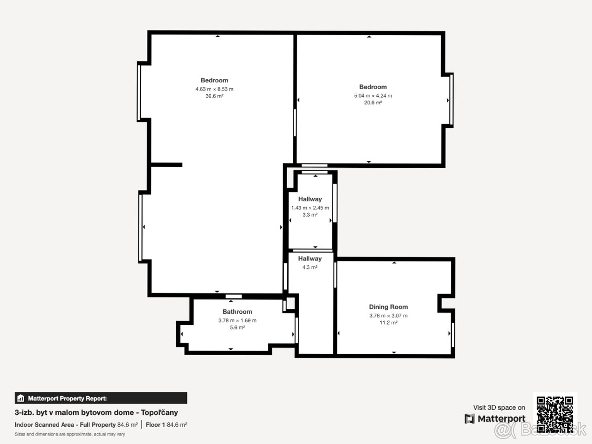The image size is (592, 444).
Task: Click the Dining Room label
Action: coord(388,307)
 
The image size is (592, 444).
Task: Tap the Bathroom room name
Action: coord(237,312)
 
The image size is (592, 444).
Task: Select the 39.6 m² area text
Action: coord(215,96)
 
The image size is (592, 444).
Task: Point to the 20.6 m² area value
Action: coord(373,103)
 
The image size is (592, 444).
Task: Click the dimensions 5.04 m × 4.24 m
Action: coord(373,95)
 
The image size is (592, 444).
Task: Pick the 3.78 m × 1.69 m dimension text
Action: coord(237,320)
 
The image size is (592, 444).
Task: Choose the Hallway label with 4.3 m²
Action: coord(310,259)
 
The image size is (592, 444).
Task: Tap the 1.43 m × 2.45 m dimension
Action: coord(310,208)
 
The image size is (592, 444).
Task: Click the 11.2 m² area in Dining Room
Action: coord(388,323)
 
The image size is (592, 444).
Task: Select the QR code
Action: coord(555,414)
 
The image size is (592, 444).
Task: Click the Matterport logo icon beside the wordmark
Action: coord(470,419)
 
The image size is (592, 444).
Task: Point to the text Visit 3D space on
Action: coord(499,407)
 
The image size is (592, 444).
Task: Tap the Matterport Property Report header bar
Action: coord(101,398)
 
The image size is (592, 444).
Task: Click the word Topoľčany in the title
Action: coord(159,412)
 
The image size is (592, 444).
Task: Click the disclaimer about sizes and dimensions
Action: coord(70,434)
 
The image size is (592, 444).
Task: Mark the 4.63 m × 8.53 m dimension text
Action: coord(215,89)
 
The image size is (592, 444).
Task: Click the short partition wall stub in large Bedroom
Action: coord(166,165)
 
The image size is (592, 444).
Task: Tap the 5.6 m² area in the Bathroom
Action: coord(237,327)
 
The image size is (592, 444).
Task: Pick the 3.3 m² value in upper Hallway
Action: coord(310,215)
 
